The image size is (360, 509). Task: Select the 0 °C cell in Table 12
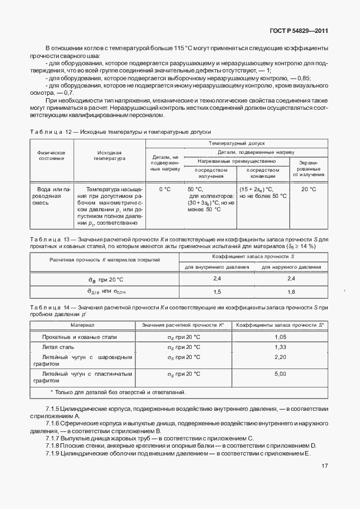click(x=164, y=189)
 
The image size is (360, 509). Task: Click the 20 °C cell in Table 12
click(x=308, y=189)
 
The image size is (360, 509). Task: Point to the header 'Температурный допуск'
click(x=237, y=143)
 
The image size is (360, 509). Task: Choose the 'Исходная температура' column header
click(x=109, y=155)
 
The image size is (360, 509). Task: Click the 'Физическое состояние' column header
click(x=51, y=155)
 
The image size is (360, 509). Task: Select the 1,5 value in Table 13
click(x=217, y=292)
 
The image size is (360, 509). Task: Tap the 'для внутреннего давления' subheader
click(x=217, y=267)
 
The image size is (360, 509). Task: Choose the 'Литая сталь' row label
click(x=59, y=347)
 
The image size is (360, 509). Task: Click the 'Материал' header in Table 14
click(x=82, y=324)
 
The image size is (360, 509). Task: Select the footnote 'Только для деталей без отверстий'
click(x=120, y=392)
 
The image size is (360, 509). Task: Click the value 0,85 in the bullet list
click(x=303, y=77)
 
